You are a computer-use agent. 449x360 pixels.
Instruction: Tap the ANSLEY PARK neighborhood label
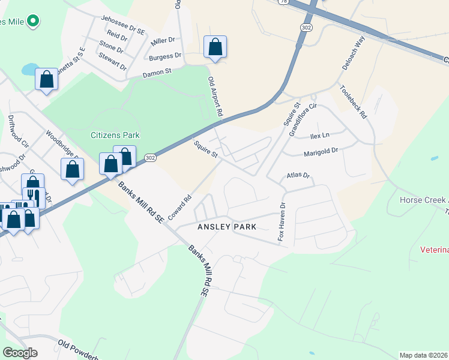pos(228,227)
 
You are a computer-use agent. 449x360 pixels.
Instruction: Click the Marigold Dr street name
pos(322,152)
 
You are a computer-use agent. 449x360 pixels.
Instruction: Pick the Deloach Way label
pos(354,53)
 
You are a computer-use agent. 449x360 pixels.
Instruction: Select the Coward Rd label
pos(179,206)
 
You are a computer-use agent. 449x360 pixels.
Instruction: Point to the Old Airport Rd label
pos(215,96)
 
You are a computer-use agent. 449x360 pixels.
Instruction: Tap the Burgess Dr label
pos(165,57)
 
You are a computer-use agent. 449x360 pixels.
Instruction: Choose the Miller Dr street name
pos(163,41)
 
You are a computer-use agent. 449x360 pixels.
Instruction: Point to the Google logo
pos(20,353)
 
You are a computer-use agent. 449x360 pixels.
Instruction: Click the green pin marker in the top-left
pos(34,22)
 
